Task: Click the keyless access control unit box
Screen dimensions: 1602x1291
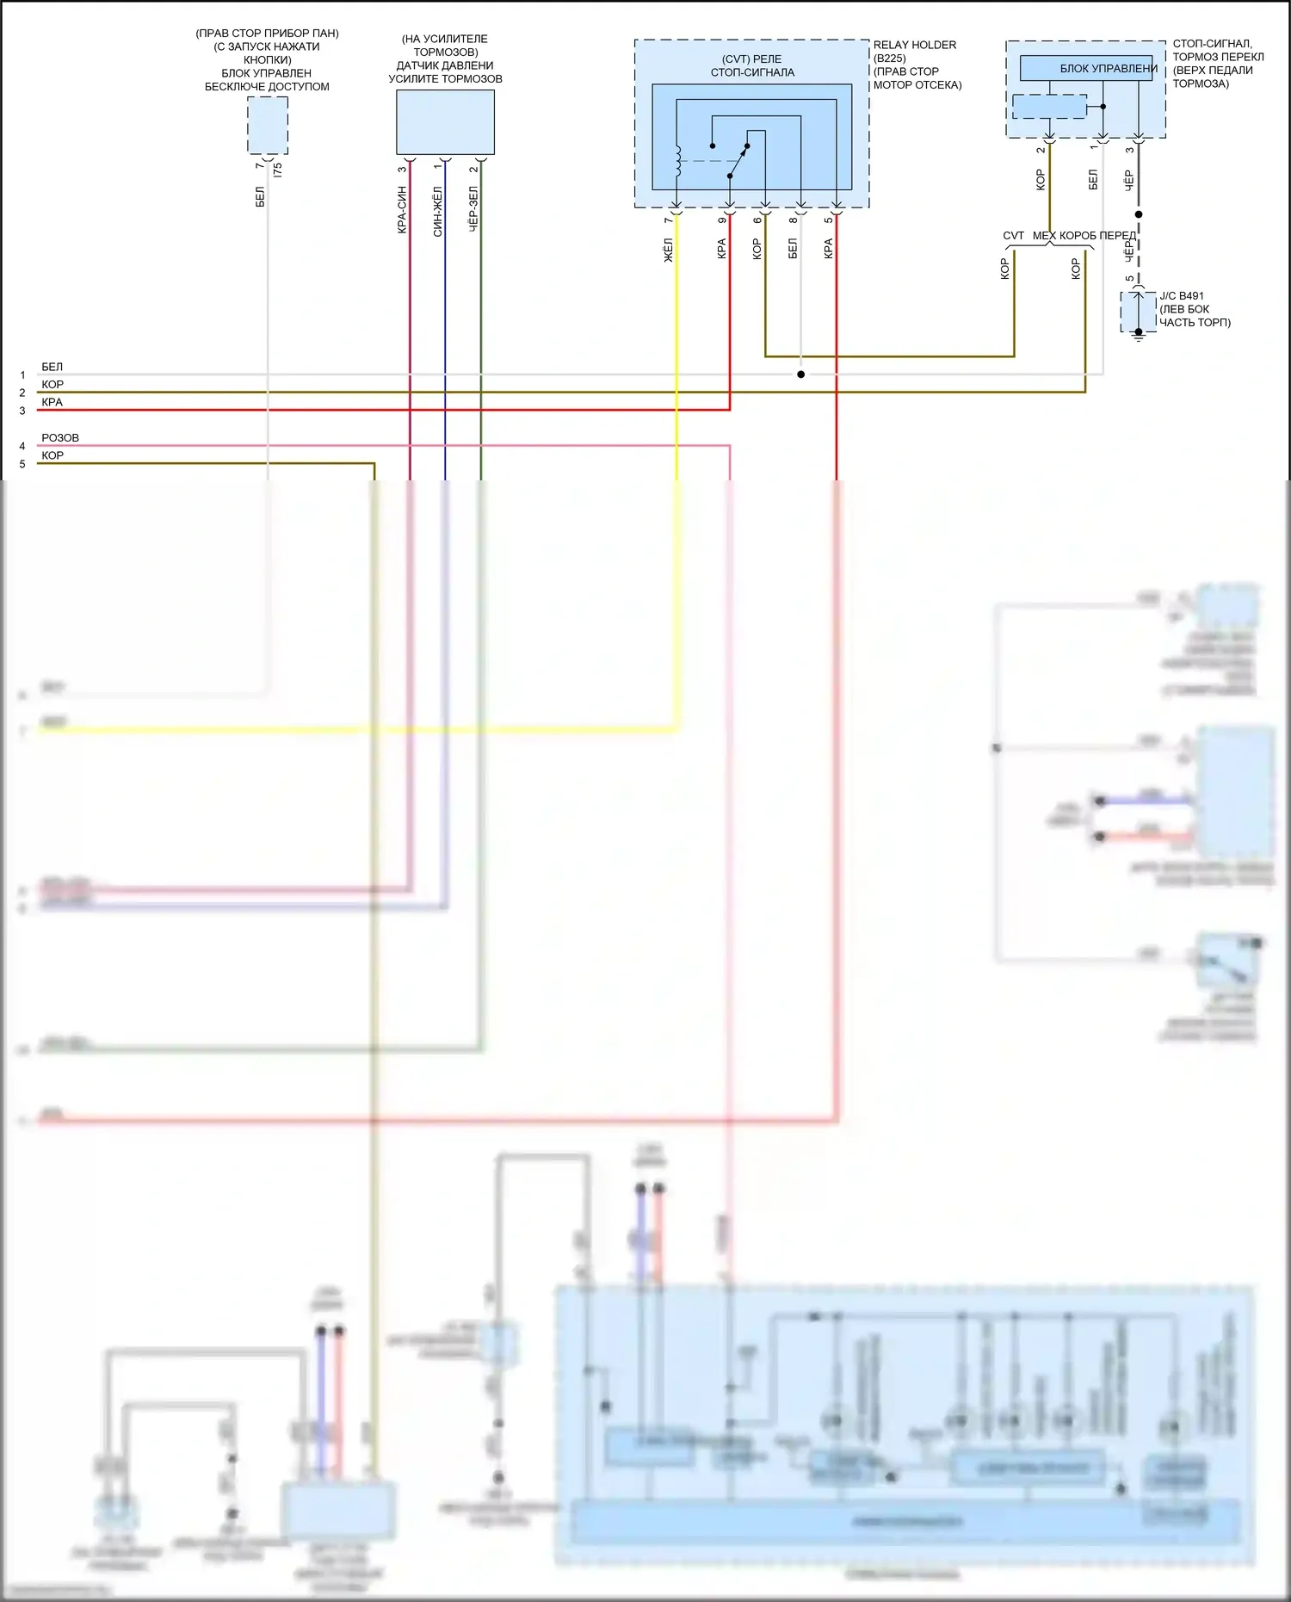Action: pos(268,126)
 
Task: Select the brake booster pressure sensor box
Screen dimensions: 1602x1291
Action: pos(445,122)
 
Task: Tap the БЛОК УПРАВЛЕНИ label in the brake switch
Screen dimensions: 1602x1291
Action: pos(1108,69)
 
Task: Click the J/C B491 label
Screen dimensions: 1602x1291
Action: pos(1182,296)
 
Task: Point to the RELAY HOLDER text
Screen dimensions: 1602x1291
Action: pos(914,45)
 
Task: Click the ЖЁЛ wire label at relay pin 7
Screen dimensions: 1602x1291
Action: pos(668,250)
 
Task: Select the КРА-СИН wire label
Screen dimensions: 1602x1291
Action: pos(402,210)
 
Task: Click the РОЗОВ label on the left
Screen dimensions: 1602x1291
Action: pos(60,438)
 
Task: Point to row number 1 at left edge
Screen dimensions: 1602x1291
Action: pos(22,375)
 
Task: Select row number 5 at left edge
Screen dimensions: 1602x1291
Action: pos(22,465)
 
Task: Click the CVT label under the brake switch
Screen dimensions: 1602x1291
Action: pos(1013,236)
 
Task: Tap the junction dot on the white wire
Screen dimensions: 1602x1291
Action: pos(800,374)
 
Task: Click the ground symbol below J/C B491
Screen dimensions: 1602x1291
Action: pos(1138,337)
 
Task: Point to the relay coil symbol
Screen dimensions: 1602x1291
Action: pos(679,161)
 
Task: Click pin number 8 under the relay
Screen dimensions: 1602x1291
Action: pos(794,220)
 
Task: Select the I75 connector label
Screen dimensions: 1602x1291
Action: pos(277,170)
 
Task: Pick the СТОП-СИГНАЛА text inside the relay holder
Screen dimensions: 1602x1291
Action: pos(752,72)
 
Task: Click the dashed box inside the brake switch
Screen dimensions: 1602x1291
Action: pos(1049,107)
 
